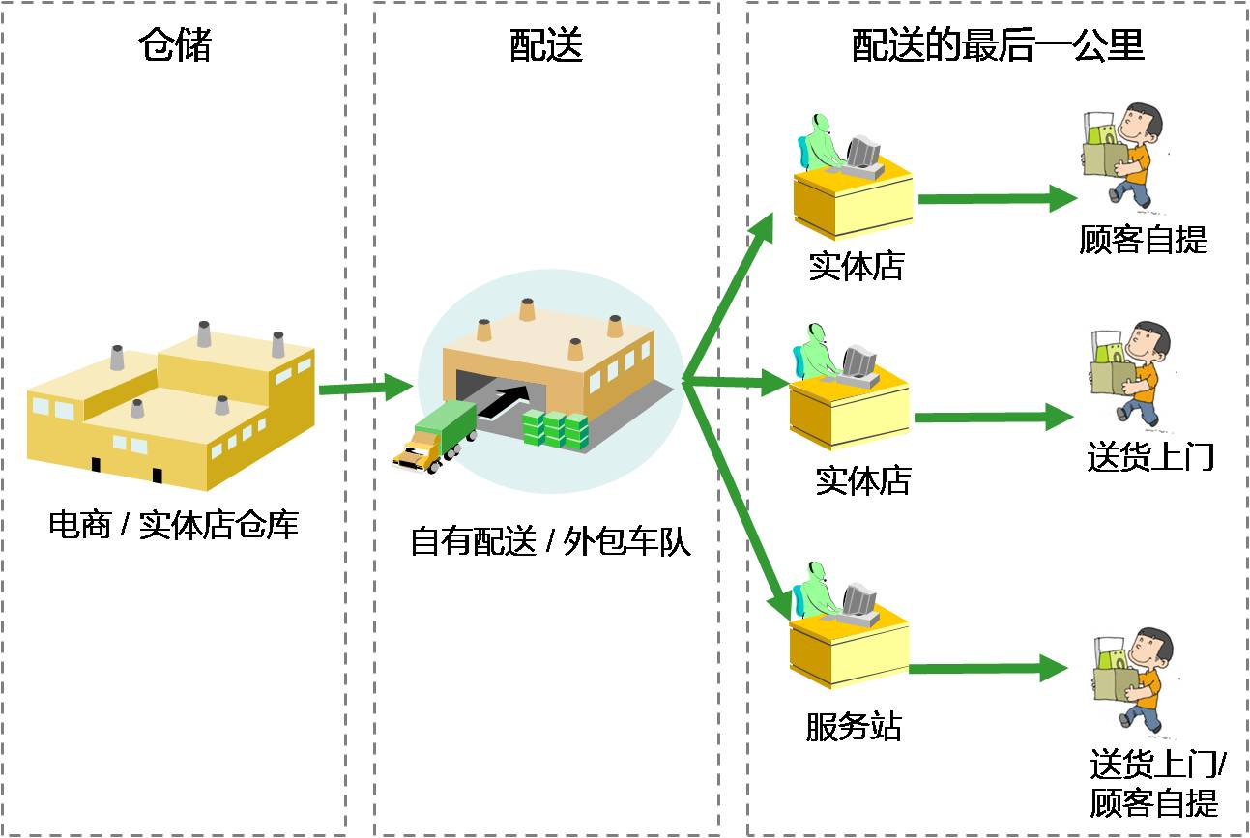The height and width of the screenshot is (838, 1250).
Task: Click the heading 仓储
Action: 175,44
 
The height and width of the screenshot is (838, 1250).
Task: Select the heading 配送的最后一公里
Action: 998,44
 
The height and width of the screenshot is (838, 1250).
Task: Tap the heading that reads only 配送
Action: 546,44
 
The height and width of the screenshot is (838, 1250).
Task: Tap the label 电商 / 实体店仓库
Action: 174,525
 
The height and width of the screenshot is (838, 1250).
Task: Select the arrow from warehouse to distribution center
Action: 365,388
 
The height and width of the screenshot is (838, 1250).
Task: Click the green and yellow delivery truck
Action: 435,436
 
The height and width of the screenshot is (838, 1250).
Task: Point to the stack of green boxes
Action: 556,429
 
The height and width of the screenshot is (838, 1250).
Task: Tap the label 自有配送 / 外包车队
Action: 550,541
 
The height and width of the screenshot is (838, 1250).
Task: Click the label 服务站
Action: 853,726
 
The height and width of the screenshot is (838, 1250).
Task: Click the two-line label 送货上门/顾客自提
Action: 1156,784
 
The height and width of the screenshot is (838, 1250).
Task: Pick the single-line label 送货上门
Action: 1149,455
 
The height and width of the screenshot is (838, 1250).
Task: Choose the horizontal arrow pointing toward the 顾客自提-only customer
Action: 996,200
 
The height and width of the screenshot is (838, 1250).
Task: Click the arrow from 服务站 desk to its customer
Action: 987,668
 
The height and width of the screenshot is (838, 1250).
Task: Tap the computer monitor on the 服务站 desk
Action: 858,600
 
